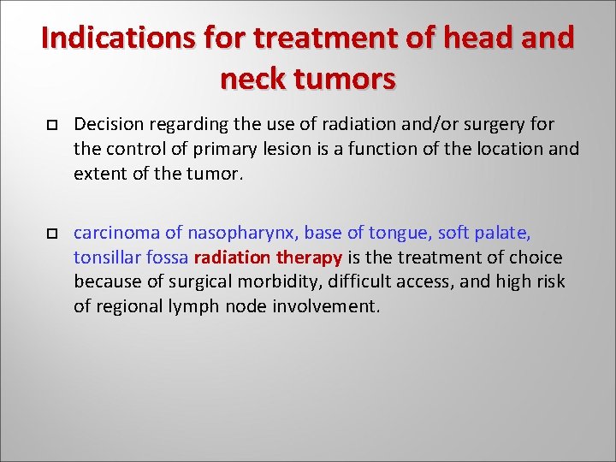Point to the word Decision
tap(107, 125)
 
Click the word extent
tap(98, 174)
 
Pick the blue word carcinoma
tap(112, 233)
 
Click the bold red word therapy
tap(310, 258)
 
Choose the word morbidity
tap(267, 281)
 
